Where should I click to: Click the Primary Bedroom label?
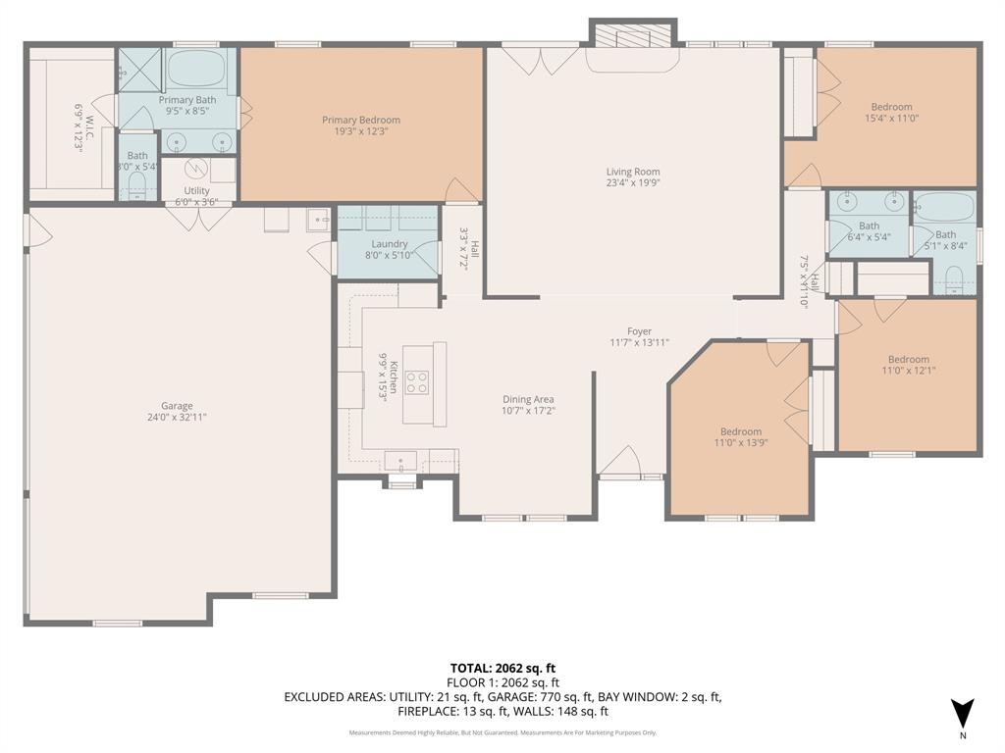click(x=360, y=120)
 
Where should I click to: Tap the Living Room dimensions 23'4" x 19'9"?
click(x=633, y=182)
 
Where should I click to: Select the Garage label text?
click(x=177, y=406)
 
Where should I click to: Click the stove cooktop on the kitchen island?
click(x=416, y=381)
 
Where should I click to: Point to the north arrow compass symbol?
click(x=963, y=713)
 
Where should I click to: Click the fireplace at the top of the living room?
click(x=632, y=38)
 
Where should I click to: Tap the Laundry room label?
click(x=389, y=244)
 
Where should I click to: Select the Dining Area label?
click(x=528, y=399)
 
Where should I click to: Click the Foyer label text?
click(x=639, y=331)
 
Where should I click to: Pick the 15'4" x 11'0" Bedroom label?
click(x=891, y=107)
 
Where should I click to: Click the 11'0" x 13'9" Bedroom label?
click(x=740, y=431)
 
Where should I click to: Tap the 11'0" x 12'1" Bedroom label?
click(x=908, y=359)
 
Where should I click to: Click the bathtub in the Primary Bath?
click(x=195, y=70)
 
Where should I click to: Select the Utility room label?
click(x=196, y=191)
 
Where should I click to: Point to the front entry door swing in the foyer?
click(x=618, y=462)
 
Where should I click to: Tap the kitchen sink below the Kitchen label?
click(x=399, y=460)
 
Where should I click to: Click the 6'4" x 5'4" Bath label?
click(x=869, y=226)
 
